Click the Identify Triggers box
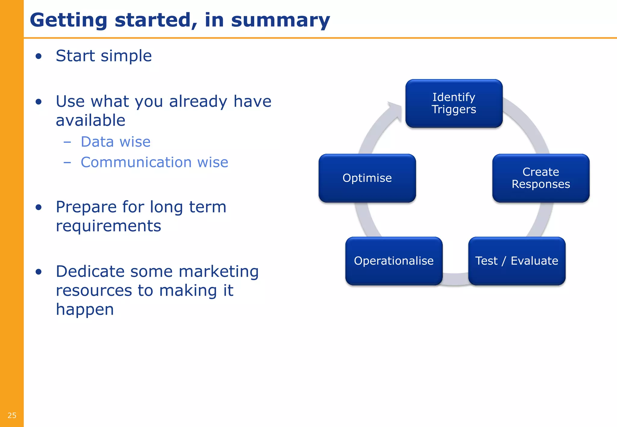tap(454, 103)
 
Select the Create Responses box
tap(541, 178)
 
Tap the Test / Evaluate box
tap(517, 261)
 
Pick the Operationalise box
tap(394, 261)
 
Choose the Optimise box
tap(367, 178)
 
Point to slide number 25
tap(12, 416)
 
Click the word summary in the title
tap(280, 20)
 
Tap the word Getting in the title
tap(68, 20)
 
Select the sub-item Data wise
tap(115, 142)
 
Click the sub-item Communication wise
tap(154, 162)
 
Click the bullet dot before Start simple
tap(38, 56)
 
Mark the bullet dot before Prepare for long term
tap(38, 207)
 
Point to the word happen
tap(85, 310)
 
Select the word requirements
tap(108, 226)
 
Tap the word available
tap(90, 120)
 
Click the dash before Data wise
tap(67, 142)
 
